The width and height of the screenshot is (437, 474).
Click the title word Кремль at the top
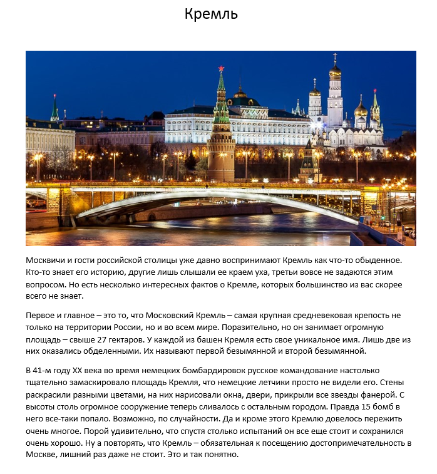point(211,14)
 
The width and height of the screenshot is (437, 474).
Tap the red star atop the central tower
point(221,68)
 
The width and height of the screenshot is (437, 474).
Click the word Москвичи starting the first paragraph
point(46,260)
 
